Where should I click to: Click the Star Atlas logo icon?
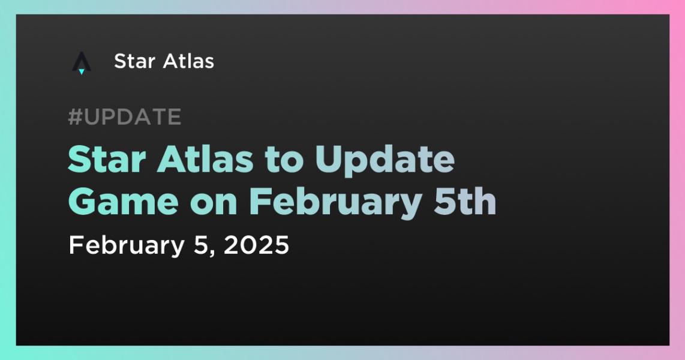[x=81, y=63]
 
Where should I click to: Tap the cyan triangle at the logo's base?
[x=81, y=71]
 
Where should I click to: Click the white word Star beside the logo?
[x=134, y=61]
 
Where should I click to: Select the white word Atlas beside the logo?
[x=189, y=61]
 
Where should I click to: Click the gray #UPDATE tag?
[x=125, y=116]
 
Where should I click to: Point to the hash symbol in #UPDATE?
[x=75, y=116]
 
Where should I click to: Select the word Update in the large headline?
[x=385, y=161]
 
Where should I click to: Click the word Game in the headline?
[x=124, y=202]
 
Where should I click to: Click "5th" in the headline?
[x=465, y=201]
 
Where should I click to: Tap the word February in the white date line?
[x=127, y=245]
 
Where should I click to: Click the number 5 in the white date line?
[x=200, y=245]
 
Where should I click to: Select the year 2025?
[x=256, y=245]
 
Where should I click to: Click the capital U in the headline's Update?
[x=329, y=160]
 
